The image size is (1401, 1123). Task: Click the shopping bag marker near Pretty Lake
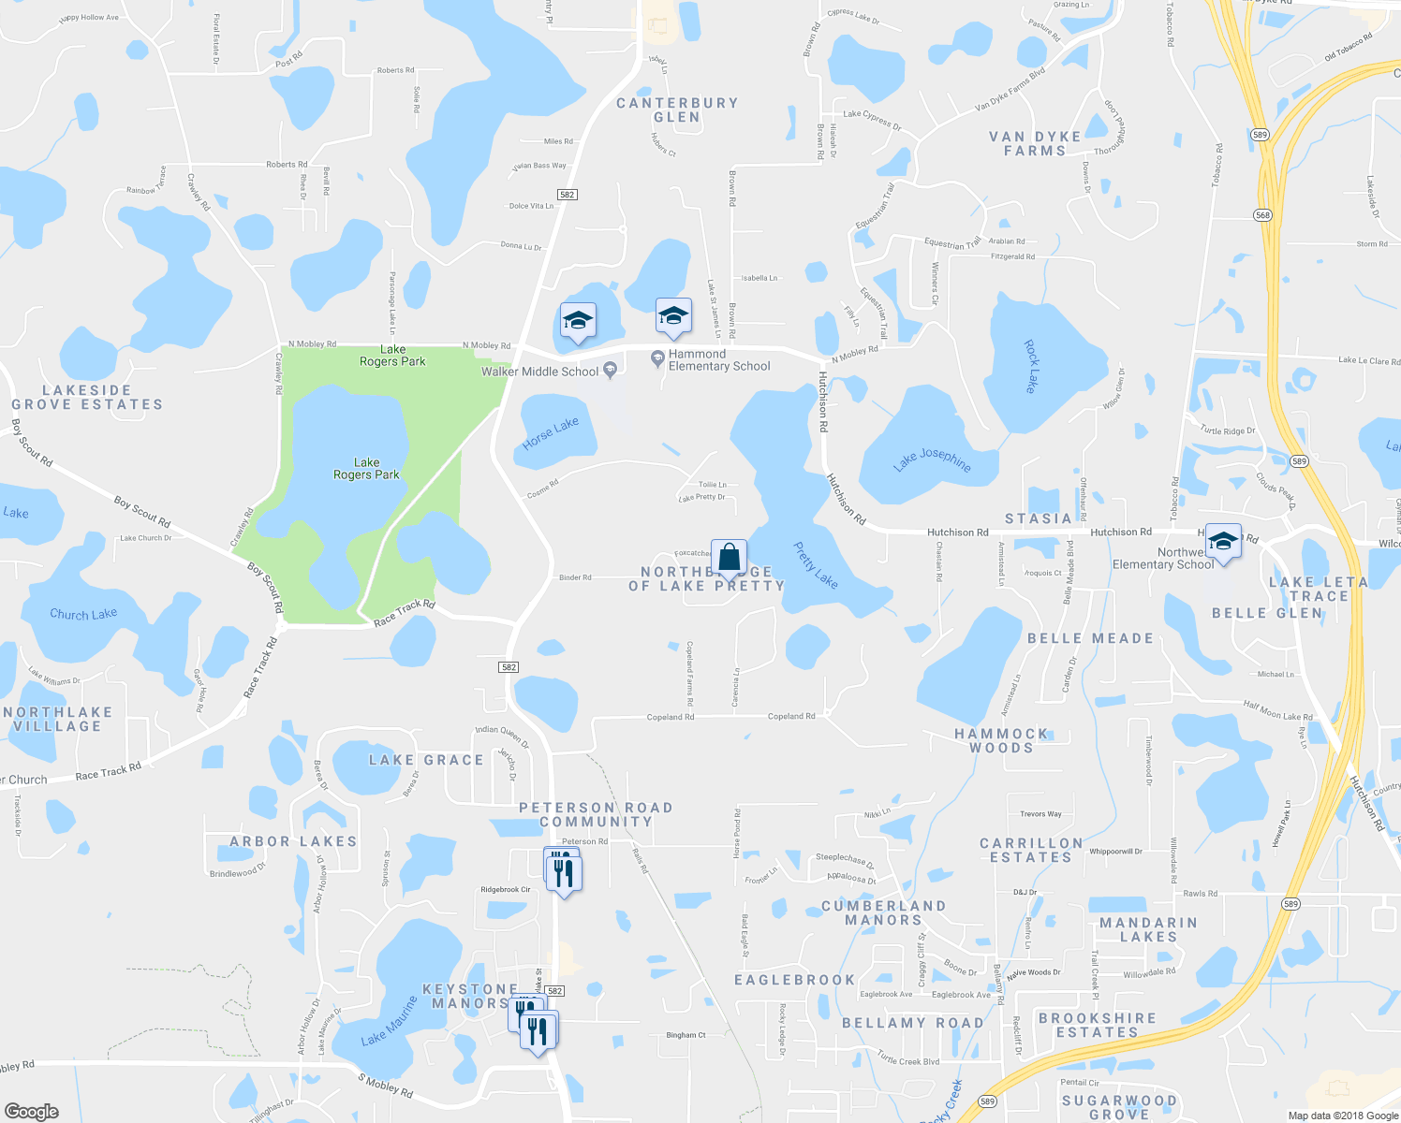click(x=729, y=559)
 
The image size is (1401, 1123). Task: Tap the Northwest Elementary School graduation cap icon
click(x=1222, y=542)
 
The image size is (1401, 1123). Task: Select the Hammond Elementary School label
click(x=718, y=360)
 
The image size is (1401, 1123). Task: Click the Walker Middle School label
click(x=539, y=372)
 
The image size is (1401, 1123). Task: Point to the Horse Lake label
click(x=551, y=433)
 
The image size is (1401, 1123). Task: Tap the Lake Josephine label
click(x=932, y=459)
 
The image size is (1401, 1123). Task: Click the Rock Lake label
click(x=1031, y=366)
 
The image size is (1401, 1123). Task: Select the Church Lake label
click(x=83, y=615)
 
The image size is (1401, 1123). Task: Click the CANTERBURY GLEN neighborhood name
click(x=677, y=109)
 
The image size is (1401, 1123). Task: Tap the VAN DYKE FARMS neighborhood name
click(x=1035, y=143)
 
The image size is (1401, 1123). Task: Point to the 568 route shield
click(x=1263, y=215)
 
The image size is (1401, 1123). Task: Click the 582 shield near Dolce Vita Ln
click(x=567, y=195)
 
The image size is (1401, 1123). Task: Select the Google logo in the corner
click(x=31, y=1111)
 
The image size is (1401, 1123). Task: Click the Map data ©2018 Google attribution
click(x=1343, y=1116)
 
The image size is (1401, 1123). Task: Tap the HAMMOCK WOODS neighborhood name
click(x=1001, y=740)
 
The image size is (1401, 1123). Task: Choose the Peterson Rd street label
click(x=584, y=841)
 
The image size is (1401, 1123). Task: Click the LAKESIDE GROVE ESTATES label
click(x=87, y=397)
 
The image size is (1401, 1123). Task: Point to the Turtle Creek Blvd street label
click(x=907, y=1059)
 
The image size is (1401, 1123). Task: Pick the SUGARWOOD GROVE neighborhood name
click(x=1119, y=1107)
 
